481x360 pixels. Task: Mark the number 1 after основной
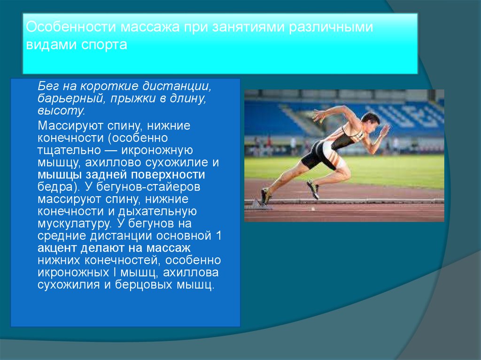[x=217, y=236]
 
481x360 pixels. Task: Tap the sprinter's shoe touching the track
[x=265, y=196]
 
